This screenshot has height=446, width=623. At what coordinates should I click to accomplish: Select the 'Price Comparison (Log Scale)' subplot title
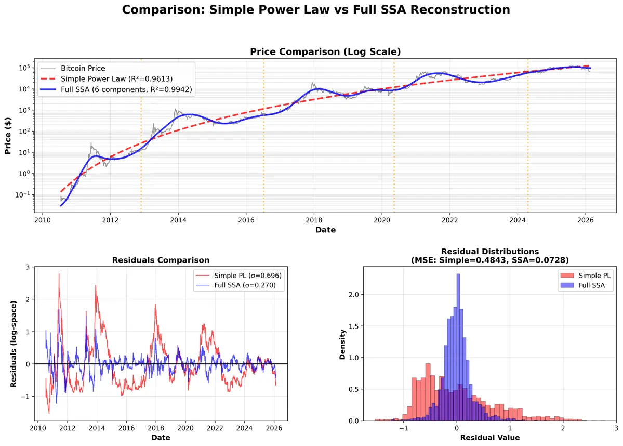click(x=325, y=51)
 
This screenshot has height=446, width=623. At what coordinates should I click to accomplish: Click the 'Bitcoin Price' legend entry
click(x=83, y=68)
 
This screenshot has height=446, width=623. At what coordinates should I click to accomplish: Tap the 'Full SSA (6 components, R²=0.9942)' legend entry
click(x=126, y=89)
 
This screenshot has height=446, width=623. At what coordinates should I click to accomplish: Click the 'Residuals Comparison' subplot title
click(x=161, y=260)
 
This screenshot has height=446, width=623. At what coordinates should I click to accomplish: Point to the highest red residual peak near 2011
click(x=59, y=274)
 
